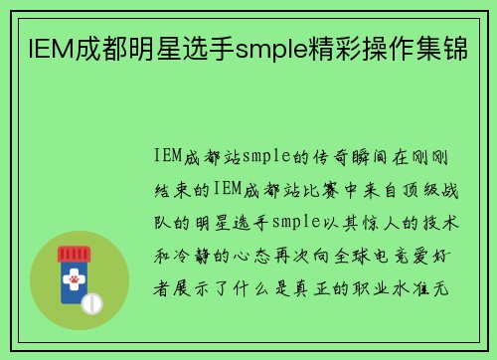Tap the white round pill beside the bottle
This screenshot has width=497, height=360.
[x=92, y=302]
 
